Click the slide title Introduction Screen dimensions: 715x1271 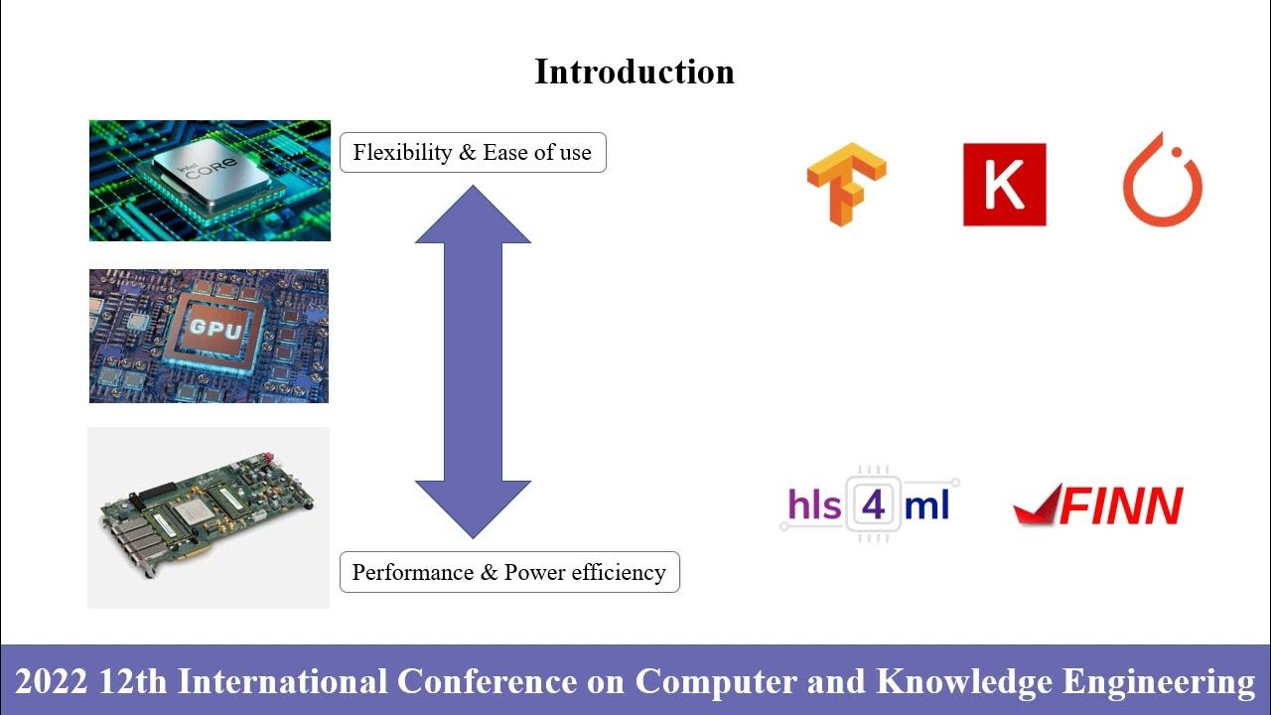tap(634, 71)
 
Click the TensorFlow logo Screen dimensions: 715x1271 tap(845, 185)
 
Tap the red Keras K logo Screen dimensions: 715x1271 tap(1004, 185)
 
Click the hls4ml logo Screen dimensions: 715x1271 tap(869, 504)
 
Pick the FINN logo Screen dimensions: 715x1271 tap(1098, 505)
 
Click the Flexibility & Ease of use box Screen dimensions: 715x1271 tap(473, 153)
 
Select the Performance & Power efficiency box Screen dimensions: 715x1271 tap(509, 573)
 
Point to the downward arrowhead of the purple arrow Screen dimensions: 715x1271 tap(473, 507)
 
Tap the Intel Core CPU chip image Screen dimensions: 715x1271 tap(210, 181)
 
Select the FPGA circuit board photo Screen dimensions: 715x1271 tap(209, 517)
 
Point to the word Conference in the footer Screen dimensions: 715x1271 tap(486, 682)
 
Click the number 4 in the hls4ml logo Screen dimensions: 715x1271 tap(873, 504)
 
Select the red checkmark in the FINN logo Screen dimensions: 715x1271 tap(1038, 506)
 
